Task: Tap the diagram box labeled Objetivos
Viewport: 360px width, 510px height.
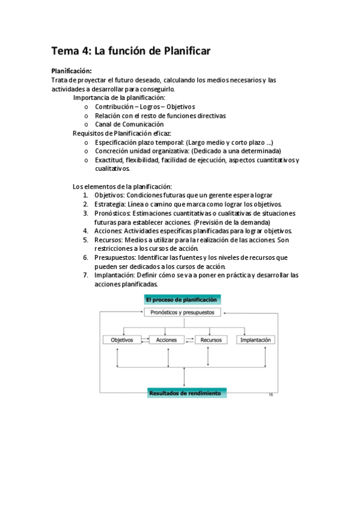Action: point(122,340)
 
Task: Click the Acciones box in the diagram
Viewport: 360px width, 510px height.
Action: point(166,340)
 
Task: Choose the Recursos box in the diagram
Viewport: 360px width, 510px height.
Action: point(211,340)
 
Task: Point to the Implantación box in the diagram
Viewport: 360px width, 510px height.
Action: point(256,340)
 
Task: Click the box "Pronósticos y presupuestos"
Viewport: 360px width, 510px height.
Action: point(183,312)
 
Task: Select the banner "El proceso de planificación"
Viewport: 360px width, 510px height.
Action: point(182,299)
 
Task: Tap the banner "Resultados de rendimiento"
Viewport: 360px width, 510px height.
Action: point(184,393)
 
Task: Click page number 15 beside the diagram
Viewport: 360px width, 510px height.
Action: point(271,395)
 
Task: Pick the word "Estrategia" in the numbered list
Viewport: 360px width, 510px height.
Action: point(109,204)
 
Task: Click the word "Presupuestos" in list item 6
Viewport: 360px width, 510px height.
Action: point(114,257)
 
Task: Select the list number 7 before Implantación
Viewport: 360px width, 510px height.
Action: point(86,275)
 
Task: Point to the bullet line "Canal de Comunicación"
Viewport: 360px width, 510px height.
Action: point(129,124)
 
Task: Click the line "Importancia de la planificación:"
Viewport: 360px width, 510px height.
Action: point(119,97)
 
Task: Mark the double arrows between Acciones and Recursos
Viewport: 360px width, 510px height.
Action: point(190,340)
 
